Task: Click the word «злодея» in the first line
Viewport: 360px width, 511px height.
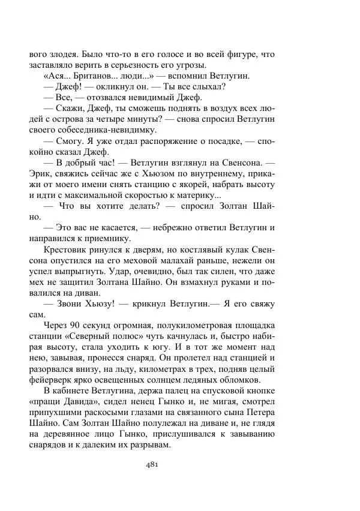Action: pyautogui.click(x=62, y=54)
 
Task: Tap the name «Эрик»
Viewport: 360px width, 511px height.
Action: pyautogui.click(x=41, y=173)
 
